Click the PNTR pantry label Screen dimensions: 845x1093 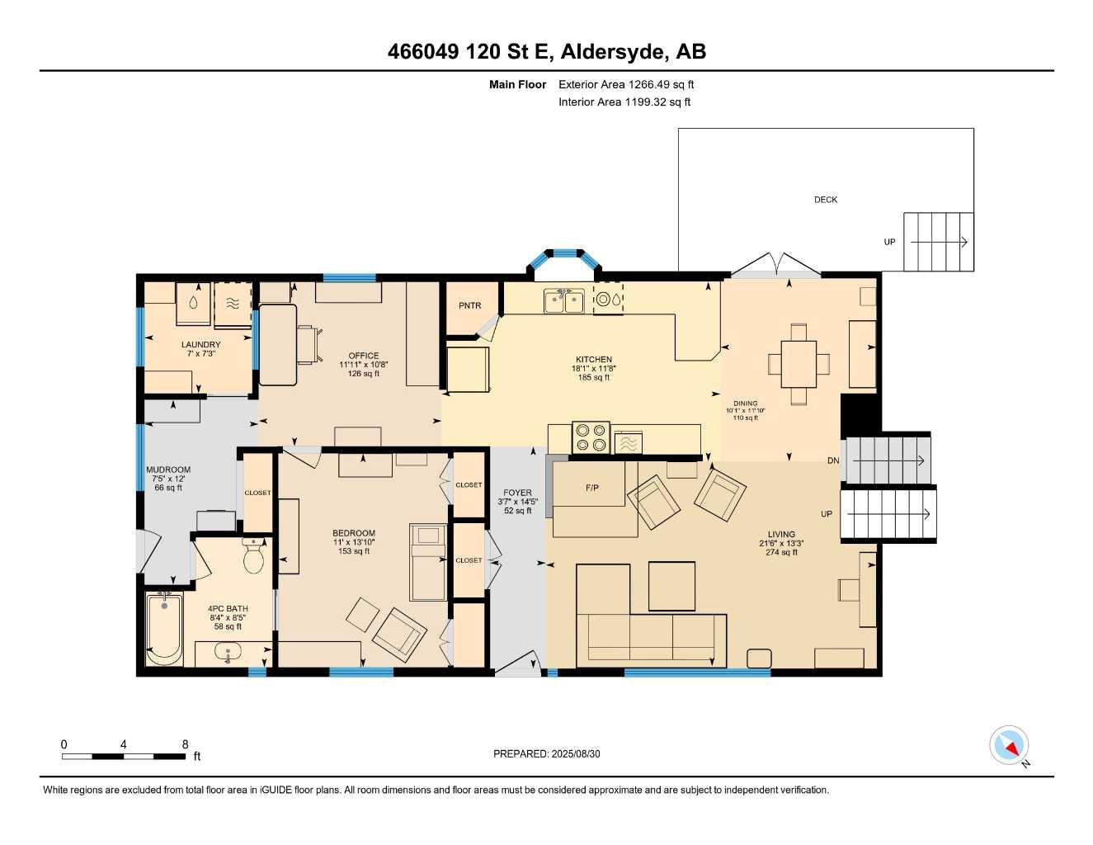(469, 306)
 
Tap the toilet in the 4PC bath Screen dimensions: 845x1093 (253, 557)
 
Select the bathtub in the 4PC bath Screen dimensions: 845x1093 (164, 629)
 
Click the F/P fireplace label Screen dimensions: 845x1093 (591, 488)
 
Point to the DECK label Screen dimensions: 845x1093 (826, 200)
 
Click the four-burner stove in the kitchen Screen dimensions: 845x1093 (591, 437)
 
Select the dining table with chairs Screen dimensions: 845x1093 (799, 364)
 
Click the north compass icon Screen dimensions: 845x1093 (1010, 746)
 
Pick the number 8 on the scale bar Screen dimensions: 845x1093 (185, 744)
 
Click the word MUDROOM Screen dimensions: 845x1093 (168, 470)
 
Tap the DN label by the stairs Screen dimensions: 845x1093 (833, 460)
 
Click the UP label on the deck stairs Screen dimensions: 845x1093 (889, 242)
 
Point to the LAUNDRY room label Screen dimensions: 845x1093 (200, 345)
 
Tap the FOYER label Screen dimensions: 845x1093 (517, 493)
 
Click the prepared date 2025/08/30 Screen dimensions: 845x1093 (553, 753)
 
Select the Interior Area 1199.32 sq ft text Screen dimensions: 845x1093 (624, 102)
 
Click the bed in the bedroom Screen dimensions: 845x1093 (428, 561)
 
